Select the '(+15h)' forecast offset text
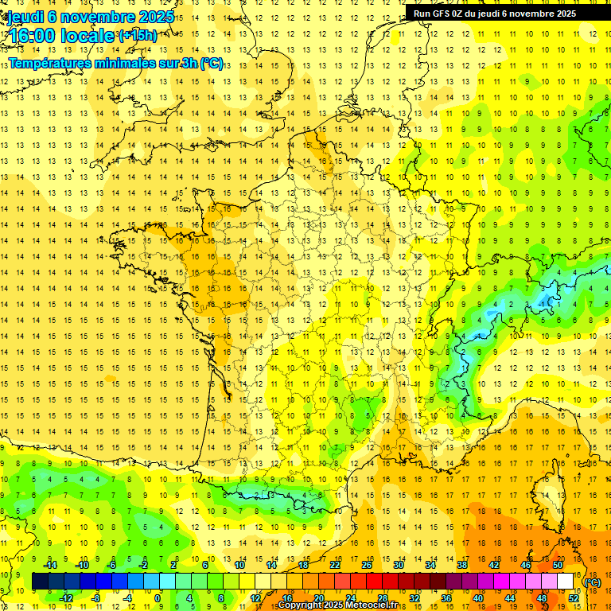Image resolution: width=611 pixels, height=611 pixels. [x=138, y=35]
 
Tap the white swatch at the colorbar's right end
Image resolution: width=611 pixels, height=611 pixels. [x=565, y=582]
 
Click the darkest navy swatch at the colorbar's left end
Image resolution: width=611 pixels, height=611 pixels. [x=40, y=582]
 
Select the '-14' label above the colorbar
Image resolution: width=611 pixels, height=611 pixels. [x=49, y=565]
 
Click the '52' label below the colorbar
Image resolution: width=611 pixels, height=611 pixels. [x=574, y=598]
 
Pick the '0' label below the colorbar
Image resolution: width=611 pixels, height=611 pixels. [x=158, y=598]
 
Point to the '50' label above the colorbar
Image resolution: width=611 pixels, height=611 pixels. [x=558, y=565]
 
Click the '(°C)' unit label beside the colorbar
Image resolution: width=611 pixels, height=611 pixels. [x=593, y=582]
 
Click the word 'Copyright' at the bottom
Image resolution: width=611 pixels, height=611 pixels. [x=301, y=605]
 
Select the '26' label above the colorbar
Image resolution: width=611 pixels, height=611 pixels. [x=367, y=565]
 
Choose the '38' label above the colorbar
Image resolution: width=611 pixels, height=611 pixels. [x=462, y=565]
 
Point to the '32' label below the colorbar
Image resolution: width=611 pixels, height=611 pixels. [x=414, y=598]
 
